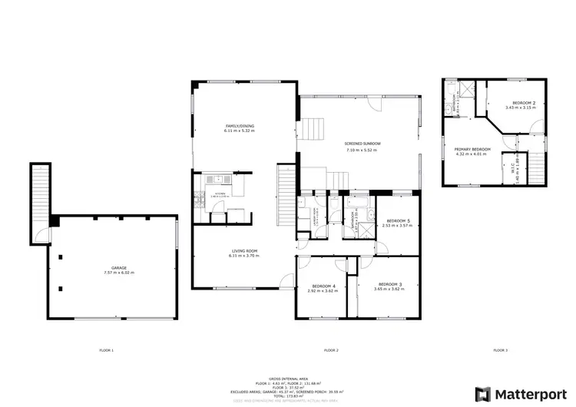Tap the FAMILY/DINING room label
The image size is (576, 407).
click(240, 126)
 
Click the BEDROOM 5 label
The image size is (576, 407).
click(399, 220)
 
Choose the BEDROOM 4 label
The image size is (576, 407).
click(323, 286)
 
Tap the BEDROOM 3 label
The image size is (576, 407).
click(390, 283)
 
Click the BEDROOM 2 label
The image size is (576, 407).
click(523, 103)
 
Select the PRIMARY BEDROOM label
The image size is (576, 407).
click(472, 149)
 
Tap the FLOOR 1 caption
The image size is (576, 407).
click(106, 350)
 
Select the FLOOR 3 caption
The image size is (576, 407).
click(500, 350)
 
